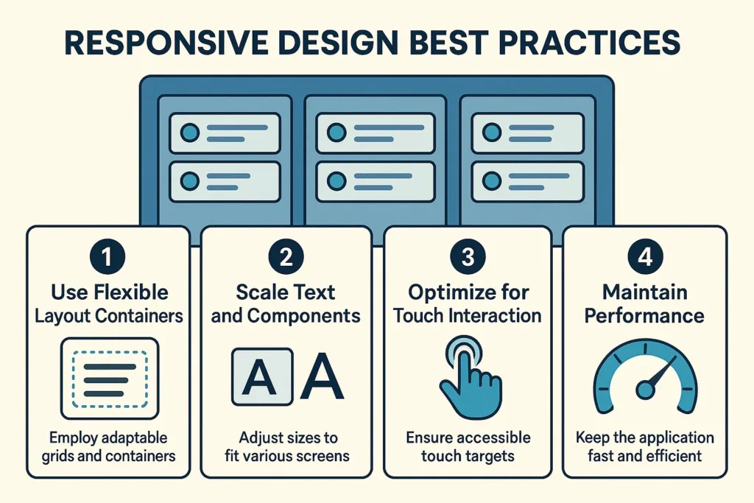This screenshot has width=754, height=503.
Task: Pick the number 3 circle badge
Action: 468,257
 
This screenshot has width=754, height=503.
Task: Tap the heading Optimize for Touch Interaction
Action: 468,304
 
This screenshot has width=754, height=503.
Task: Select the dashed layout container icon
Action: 110,378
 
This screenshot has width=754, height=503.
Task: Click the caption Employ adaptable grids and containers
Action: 108,446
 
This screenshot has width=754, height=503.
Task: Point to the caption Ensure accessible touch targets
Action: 468,446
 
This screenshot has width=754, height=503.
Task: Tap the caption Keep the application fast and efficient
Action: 644,446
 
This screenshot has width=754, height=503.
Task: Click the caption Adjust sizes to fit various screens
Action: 287,446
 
